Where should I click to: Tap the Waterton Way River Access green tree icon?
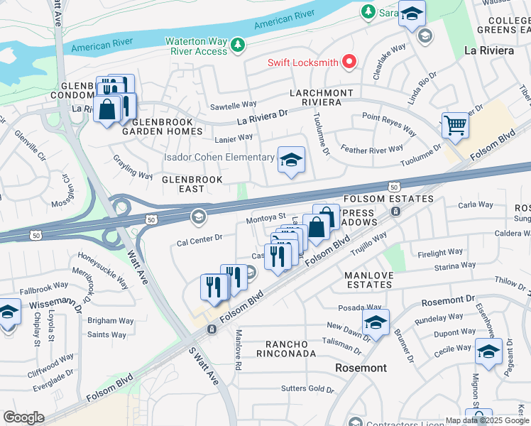pyautogui.click(x=238, y=46)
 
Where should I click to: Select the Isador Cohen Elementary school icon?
pyautogui.click(x=291, y=160)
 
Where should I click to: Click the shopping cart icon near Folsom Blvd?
pyautogui.click(x=455, y=126)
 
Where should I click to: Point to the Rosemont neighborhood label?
pyautogui.click(x=363, y=368)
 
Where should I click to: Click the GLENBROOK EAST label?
pyautogui.click(x=192, y=180)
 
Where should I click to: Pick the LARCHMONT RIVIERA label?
pyautogui.click(x=316, y=97)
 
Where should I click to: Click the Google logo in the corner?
pyautogui.click(x=23, y=417)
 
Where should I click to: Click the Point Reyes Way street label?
pyautogui.click(x=389, y=124)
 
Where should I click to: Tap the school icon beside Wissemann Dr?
pyautogui.click(x=8, y=312)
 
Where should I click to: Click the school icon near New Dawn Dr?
pyautogui.click(x=375, y=322)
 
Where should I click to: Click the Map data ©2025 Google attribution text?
pyautogui.click(x=487, y=420)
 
